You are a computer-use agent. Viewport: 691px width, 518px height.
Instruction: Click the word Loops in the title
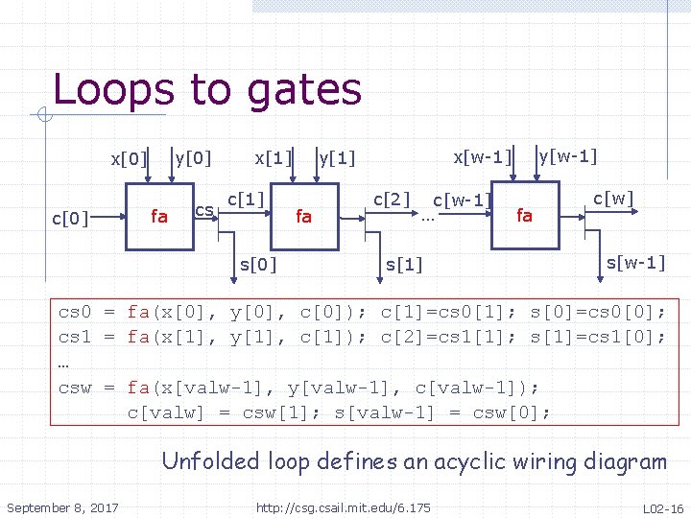(x=114, y=89)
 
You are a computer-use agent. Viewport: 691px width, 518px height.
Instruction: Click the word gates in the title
(x=303, y=91)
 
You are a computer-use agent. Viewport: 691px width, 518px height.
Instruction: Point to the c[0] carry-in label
(x=69, y=219)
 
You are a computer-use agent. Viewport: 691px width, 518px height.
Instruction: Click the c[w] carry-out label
(x=614, y=199)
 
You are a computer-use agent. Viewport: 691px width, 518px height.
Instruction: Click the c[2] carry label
(x=392, y=199)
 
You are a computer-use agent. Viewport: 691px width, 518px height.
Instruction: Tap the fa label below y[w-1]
(x=524, y=216)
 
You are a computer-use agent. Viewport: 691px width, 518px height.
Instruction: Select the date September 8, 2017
(x=63, y=506)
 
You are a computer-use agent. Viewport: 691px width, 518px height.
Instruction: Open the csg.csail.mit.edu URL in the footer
(x=343, y=506)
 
